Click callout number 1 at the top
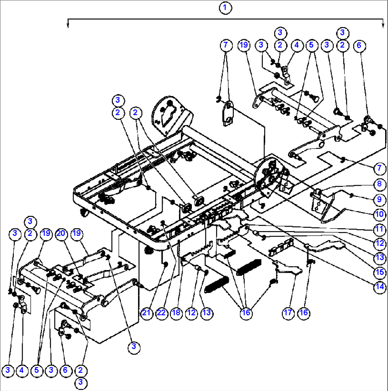(225, 8)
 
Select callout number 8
(379, 184)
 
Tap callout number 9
(379, 199)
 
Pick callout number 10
(379, 214)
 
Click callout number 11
(379, 229)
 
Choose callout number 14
(380, 287)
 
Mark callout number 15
(380, 272)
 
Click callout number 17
(288, 313)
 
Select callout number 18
(176, 313)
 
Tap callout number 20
(61, 234)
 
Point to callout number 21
(146, 313)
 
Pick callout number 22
(161, 313)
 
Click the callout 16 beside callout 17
(304, 313)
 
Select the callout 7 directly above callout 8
(379, 168)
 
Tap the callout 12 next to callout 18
(192, 313)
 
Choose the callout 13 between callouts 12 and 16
(207, 313)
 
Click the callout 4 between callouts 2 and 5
(297, 45)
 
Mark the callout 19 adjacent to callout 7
(244, 45)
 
